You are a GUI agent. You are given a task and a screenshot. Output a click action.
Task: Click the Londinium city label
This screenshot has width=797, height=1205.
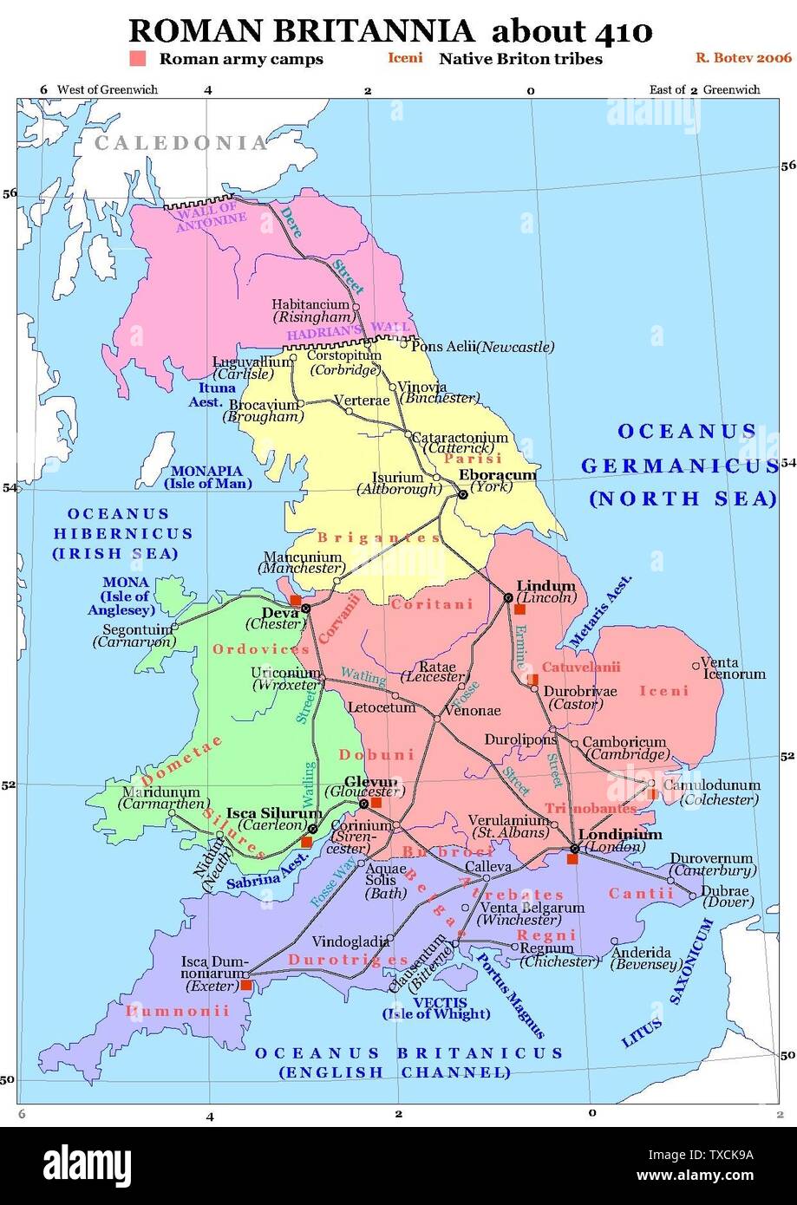[x=618, y=835]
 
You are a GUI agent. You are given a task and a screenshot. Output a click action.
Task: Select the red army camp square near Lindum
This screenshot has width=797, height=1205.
[x=520, y=609]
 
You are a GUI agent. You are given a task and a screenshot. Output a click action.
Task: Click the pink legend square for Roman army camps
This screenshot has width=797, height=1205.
[x=137, y=59]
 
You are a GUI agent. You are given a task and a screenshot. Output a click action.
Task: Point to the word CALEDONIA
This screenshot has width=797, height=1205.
[x=180, y=144]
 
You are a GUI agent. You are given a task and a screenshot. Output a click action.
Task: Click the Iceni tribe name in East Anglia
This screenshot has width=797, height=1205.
[x=663, y=691]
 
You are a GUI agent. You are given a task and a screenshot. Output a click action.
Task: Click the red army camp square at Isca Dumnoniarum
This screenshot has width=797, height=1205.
[x=246, y=985]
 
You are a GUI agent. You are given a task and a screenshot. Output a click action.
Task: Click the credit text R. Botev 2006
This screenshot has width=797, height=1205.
[x=743, y=58]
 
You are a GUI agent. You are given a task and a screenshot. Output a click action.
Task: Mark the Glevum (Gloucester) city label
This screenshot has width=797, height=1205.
[x=360, y=786]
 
